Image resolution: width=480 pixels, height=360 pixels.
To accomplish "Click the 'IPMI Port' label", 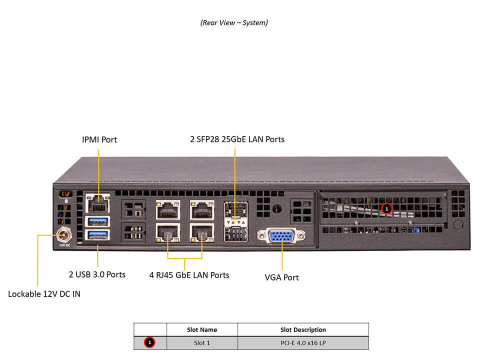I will pyautogui.click(x=99, y=139).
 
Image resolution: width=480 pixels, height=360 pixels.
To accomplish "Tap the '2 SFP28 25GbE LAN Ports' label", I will pyautogui.click(x=237, y=139).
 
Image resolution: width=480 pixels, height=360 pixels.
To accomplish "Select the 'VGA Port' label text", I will pyautogui.click(x=281, y=277).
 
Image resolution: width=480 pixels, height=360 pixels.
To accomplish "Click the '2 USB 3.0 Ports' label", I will pyautogui.click(x=97, y=274).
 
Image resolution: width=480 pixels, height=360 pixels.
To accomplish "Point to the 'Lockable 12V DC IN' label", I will pyautogui.click(x=44, y=293).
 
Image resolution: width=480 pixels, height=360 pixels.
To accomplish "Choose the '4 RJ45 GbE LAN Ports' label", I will pyautogui.click(x=189, y=274).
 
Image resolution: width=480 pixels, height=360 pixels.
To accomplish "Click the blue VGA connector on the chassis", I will pyautogui.click(x=281, y=235).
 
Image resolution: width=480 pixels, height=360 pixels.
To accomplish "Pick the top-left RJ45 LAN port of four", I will pyautogui.click(x=167, y=209).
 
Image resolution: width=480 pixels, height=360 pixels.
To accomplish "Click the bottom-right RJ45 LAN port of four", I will pyautogui.click(x=201, y=232).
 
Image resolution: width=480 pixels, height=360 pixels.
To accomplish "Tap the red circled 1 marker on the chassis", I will pyautogui.click(x=386, y=208).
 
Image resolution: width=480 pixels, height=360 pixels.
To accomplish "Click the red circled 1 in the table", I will pyautogui.click(x=149, y=342).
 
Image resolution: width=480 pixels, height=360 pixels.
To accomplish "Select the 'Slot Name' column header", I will pyautogui.click(x=201, y=329).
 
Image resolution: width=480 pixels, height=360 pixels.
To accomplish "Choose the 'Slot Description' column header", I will pyautogui.click(x=303, y=329).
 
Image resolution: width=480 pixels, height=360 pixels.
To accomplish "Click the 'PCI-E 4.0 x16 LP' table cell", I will pyautogui.click(x=303, y=342).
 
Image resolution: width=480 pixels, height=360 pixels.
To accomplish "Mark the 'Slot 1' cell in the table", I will pyautogui.click(x=201, y=342).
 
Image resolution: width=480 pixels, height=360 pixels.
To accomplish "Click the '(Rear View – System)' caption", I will pyautogui.click(x=234, y=22).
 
